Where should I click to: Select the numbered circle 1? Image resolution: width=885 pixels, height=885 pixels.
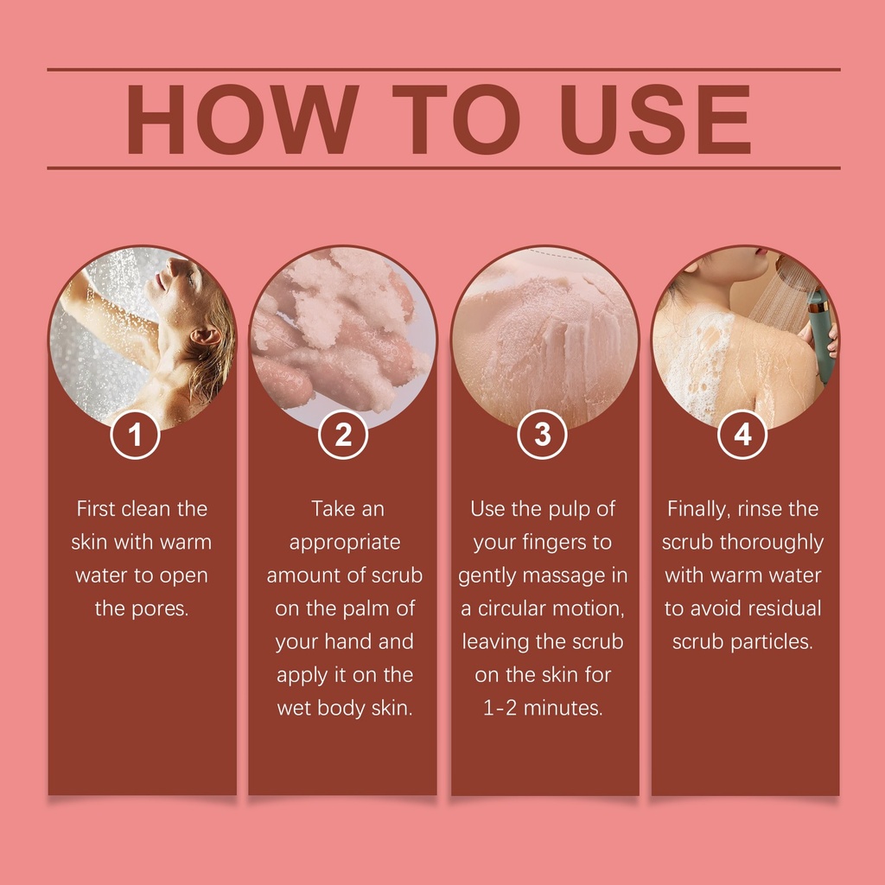(x=135, y=434)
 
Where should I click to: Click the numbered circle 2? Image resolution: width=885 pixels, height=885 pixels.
(x=343, y=434)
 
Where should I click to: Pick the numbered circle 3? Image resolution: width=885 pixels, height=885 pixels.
(x=543, y=434)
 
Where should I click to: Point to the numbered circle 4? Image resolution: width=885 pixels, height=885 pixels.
(x=742, y=434)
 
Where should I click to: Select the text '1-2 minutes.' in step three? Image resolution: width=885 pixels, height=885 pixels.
(x=543, y=708)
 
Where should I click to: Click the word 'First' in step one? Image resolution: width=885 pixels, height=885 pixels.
(x=96, y=509)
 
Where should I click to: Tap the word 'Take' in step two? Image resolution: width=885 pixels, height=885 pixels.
(x=331, y=509)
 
